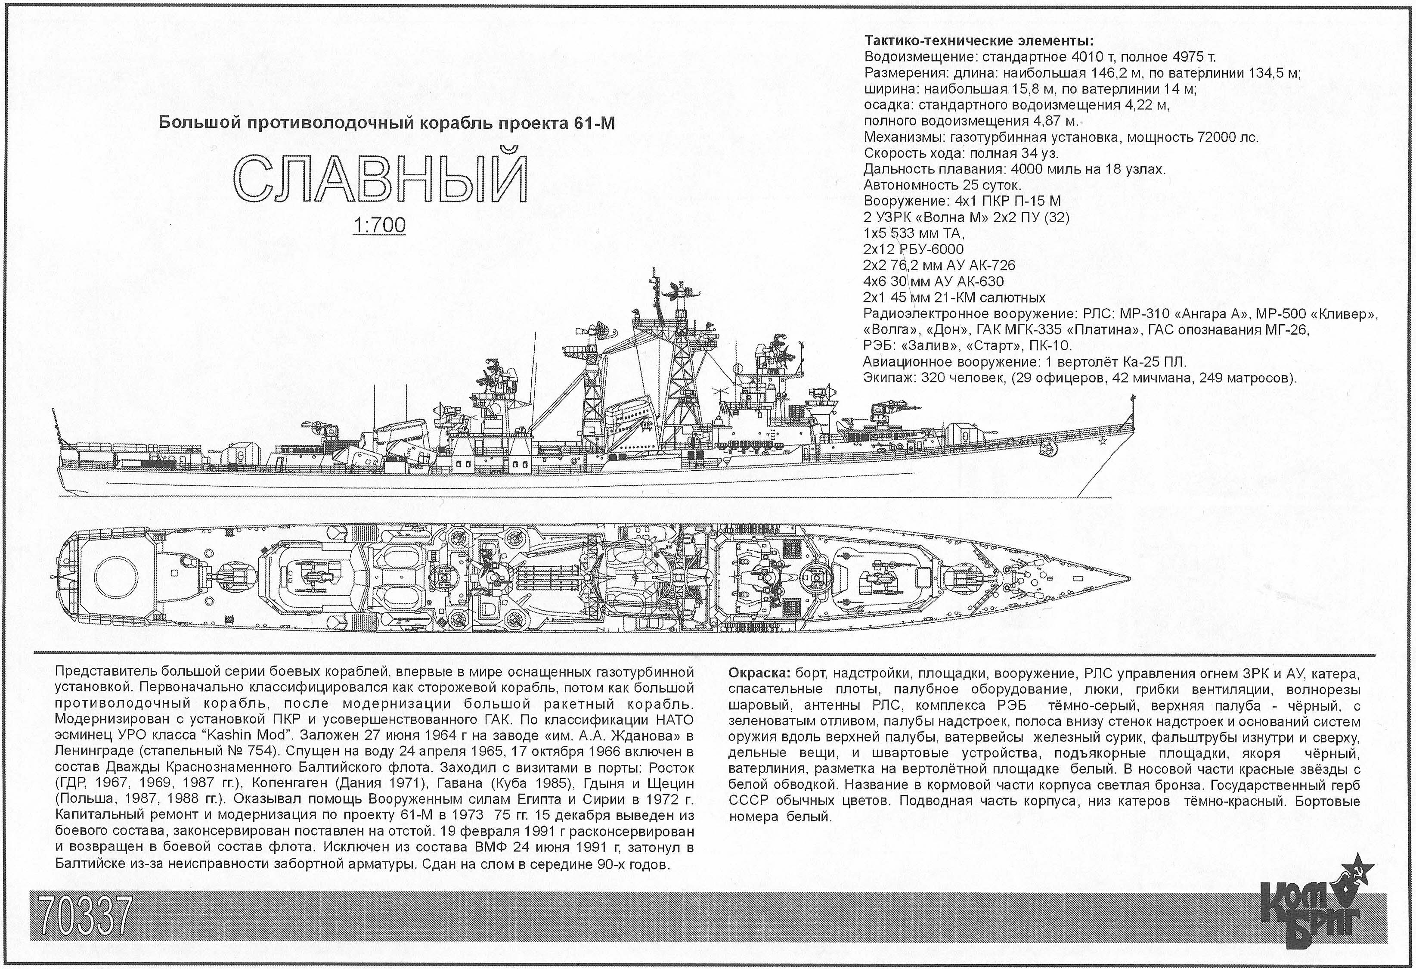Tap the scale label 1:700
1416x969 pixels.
tap(379, 226)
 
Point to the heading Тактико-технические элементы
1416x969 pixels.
tap(979, 41)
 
